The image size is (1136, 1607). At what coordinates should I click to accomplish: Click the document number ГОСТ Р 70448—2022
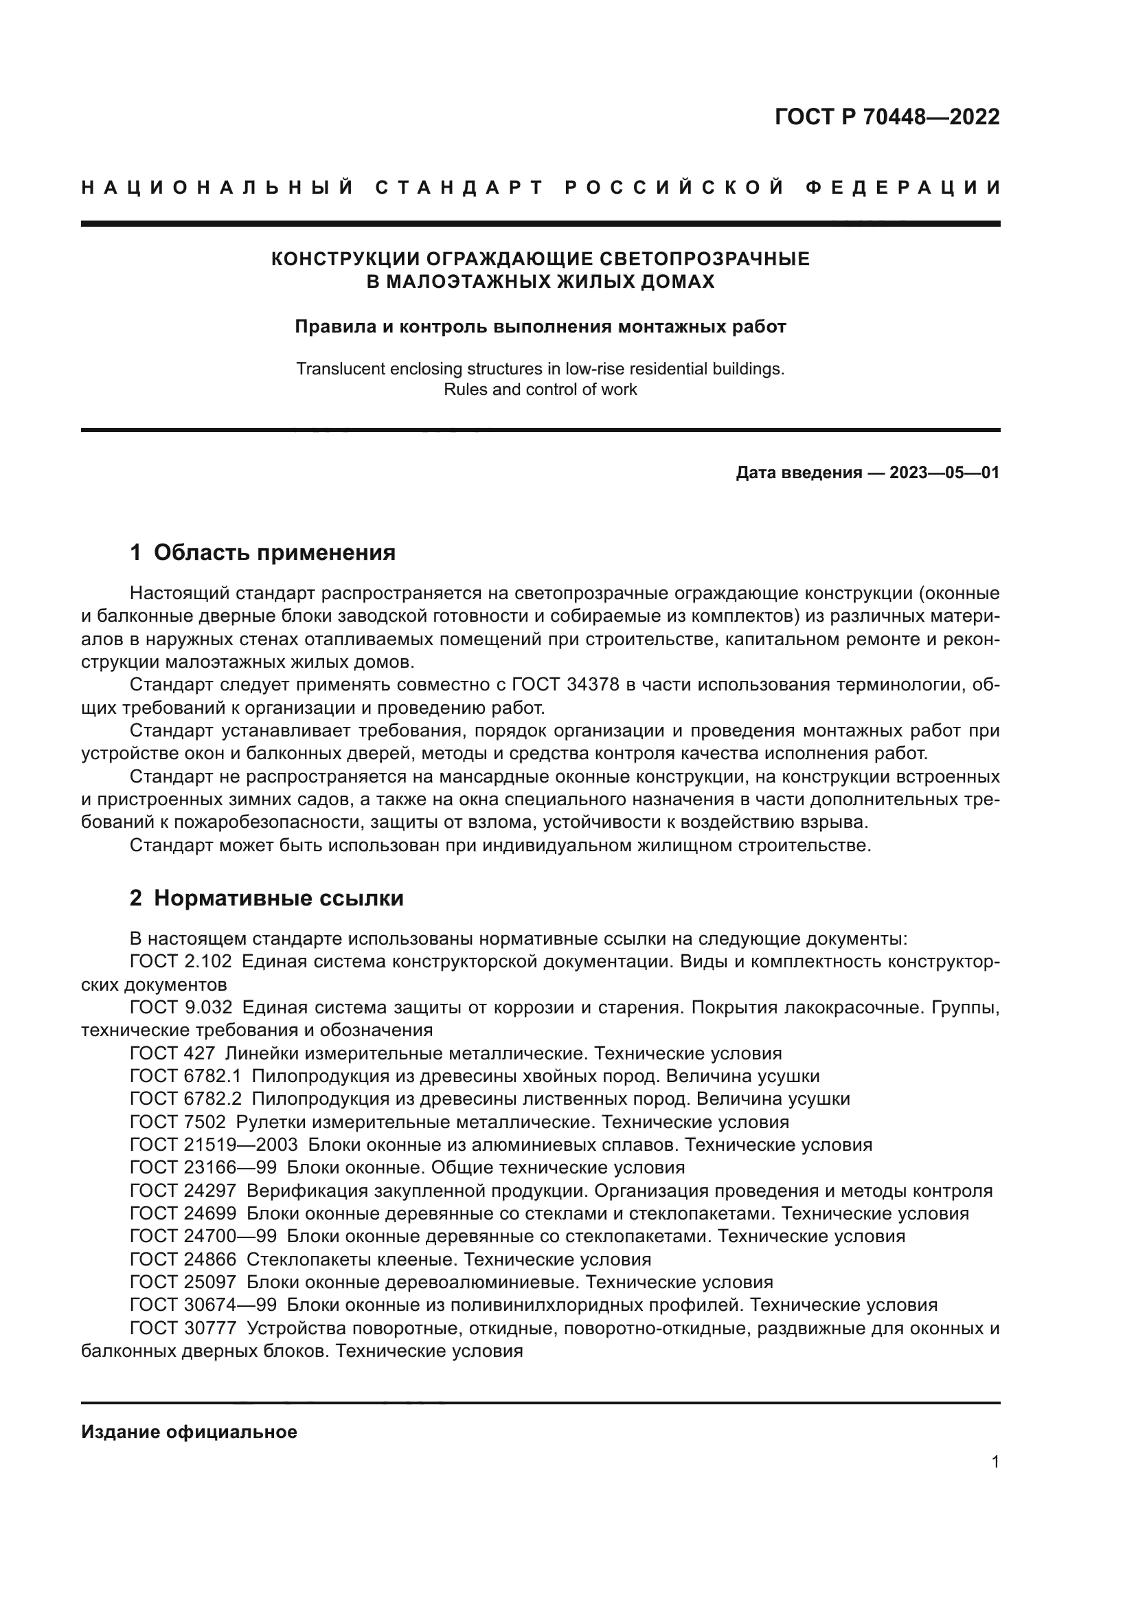[887, 117]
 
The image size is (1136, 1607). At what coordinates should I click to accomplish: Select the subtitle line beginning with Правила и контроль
[540, 327]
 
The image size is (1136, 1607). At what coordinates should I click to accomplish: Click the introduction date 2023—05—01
[944, 473]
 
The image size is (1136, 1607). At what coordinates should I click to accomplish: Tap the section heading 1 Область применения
[262, 552]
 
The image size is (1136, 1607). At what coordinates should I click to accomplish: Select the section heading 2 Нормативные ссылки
[266, 898]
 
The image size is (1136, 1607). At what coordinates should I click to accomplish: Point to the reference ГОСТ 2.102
[181, 961]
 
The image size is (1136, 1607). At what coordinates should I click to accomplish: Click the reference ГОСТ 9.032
[181, 1007]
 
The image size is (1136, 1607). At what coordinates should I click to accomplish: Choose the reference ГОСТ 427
[172, 1053]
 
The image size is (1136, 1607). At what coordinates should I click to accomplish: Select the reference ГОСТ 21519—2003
[214, 1145]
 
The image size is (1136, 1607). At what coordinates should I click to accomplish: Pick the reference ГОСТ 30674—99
[203, 1305]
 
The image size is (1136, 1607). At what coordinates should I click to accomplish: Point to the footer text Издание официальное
[189, 1432]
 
